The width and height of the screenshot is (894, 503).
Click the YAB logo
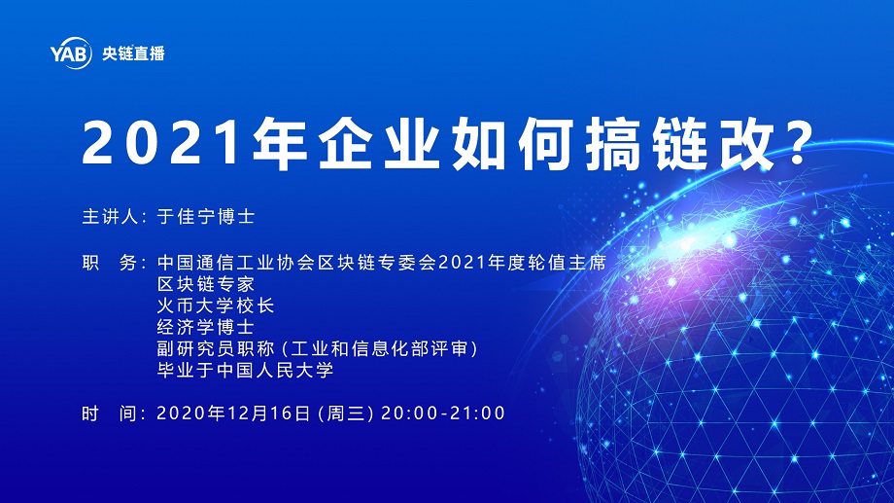pos(71,54)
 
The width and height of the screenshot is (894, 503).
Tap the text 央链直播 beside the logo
pos(133,54)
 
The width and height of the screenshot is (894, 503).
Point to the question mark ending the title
pos(798,143)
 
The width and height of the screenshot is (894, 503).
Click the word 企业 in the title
pos(379,144)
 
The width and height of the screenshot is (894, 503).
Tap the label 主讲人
pos(111,216)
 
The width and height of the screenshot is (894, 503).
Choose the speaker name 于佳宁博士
pos(206,216)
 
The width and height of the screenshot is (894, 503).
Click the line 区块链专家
pos(206,284)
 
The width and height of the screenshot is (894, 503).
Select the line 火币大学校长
pos(216,305)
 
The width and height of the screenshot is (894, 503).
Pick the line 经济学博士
pos(206,327)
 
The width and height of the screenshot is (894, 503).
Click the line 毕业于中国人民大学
pos(245,370)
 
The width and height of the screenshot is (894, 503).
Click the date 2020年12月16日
pos(234,413)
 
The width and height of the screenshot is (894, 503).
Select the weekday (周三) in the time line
pos(346,413)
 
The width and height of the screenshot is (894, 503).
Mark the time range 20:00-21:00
pos(443,413)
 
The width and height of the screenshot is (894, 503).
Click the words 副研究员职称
pos(216,349)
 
